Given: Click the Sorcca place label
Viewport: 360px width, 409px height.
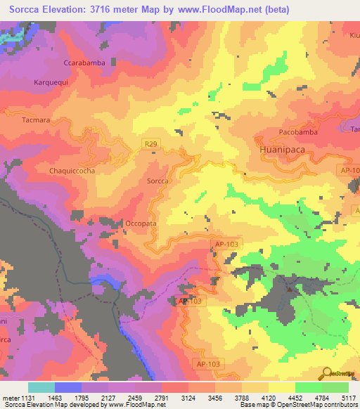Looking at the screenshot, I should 157,181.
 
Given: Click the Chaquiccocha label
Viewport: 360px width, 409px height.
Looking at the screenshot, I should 72,170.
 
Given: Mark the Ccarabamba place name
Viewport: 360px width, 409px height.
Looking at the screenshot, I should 84,63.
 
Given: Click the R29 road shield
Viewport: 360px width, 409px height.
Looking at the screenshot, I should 150,144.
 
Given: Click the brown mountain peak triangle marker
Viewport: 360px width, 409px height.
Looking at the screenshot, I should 289,288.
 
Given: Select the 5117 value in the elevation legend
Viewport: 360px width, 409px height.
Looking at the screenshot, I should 349,398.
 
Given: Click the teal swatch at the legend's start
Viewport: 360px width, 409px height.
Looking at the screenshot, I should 41,387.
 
